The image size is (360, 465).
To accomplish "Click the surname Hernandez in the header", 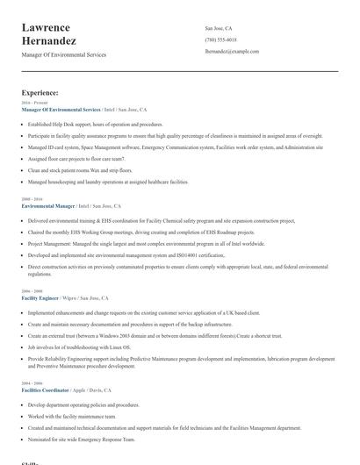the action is (49, 41).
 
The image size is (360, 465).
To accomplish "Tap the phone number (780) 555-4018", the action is (220, 40).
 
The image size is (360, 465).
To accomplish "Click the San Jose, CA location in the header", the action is (219, 29).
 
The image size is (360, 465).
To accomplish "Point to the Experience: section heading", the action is (40, 92).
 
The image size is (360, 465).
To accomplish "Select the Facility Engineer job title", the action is (41, 297).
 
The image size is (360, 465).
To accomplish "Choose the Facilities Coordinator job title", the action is (47, 390).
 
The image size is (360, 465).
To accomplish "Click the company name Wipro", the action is (70, 297).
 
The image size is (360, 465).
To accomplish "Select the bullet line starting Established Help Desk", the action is (95, 125).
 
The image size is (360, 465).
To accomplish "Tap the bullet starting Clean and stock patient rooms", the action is (81, 170).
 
